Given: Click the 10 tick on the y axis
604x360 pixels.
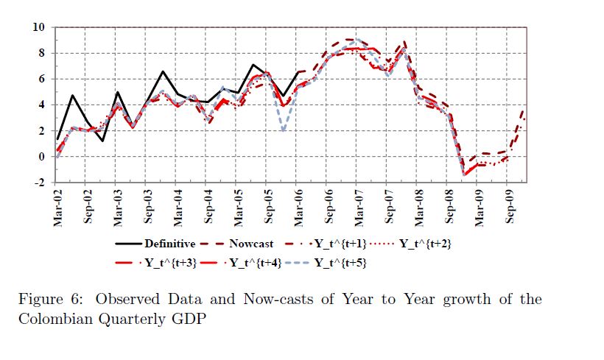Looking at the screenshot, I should click(40, 28).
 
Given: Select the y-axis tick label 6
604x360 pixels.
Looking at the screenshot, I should click(43, 80).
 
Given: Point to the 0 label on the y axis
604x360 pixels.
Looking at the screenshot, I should click(43, 157).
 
